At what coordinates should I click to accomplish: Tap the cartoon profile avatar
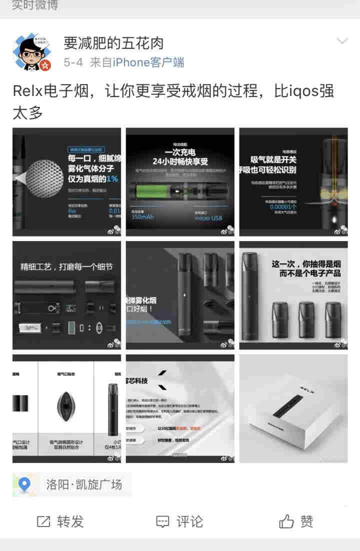tap(31, 53)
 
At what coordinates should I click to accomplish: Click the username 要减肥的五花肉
tap(113, 43)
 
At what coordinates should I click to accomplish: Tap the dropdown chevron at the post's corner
tap(342, 40)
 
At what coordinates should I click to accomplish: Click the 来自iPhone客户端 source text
tap(136, 62)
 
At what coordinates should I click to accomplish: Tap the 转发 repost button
tap(60, 522)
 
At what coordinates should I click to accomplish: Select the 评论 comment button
tap(179, 522)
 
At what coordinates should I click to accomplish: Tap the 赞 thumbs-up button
tap(296, 522)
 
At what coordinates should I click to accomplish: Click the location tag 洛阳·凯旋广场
tap(83, 484)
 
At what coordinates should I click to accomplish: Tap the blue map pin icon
tap(24, 484)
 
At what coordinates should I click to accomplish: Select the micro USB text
tap(208, 218)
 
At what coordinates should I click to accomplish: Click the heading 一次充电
tap(180, 152)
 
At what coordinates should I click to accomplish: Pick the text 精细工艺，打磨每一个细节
tap(66, 266)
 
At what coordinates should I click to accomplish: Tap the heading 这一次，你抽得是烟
tap(306, 263)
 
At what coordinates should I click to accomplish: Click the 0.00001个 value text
tap(283, 206)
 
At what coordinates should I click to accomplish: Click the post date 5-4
tap(73, 62)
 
